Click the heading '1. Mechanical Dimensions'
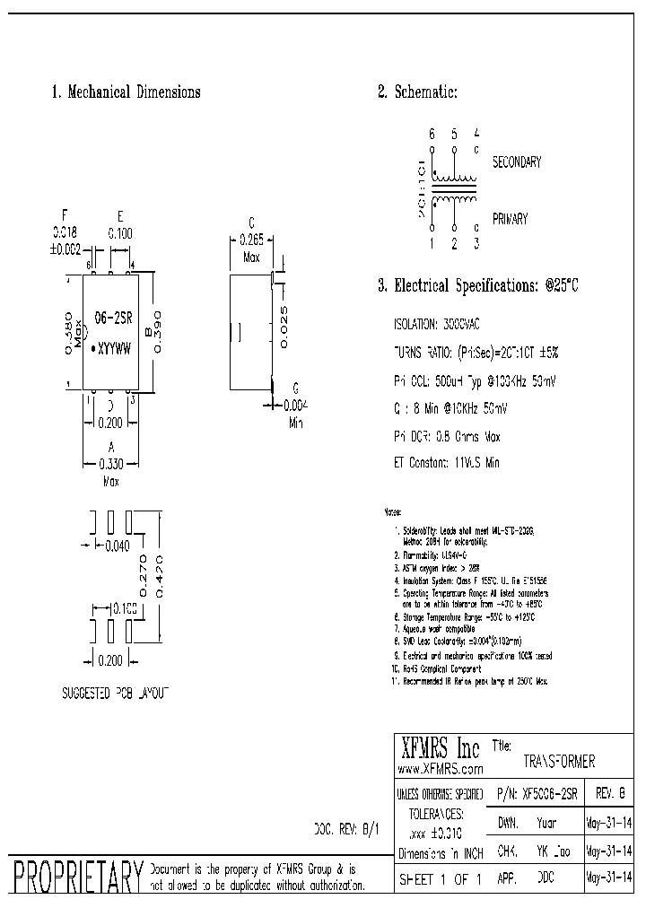coord(126,92)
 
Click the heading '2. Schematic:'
coord(418,92)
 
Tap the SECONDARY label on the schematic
coord(517,162)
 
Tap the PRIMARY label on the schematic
coord(510,219)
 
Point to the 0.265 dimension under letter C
coord(251,240)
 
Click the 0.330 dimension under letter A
coord(111,465)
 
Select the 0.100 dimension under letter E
coord(120,233)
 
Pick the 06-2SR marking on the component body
coord(113,319)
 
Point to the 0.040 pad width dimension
coord(118,544)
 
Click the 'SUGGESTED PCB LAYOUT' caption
coord(115,694)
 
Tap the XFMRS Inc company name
coord(439,748)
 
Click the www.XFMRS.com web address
coord(440,769)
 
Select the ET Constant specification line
coord(447,463)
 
